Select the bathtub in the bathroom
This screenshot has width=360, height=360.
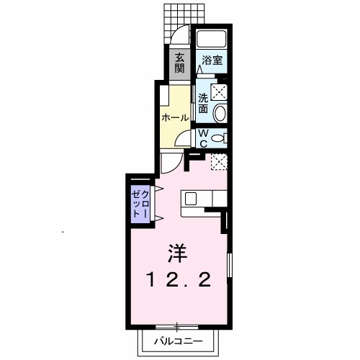coord(210,40)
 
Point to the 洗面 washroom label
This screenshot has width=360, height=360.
coord(204,103)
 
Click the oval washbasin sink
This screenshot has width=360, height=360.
coord(219,112)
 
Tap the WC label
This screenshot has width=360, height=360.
coord(203,137)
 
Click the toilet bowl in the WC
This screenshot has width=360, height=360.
coord(220,137)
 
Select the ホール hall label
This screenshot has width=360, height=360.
coord(175,117)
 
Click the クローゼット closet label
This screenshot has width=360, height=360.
coord(140,204)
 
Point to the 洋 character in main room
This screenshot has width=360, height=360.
coord(177,253)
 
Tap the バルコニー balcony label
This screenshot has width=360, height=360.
coord(177,341)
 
